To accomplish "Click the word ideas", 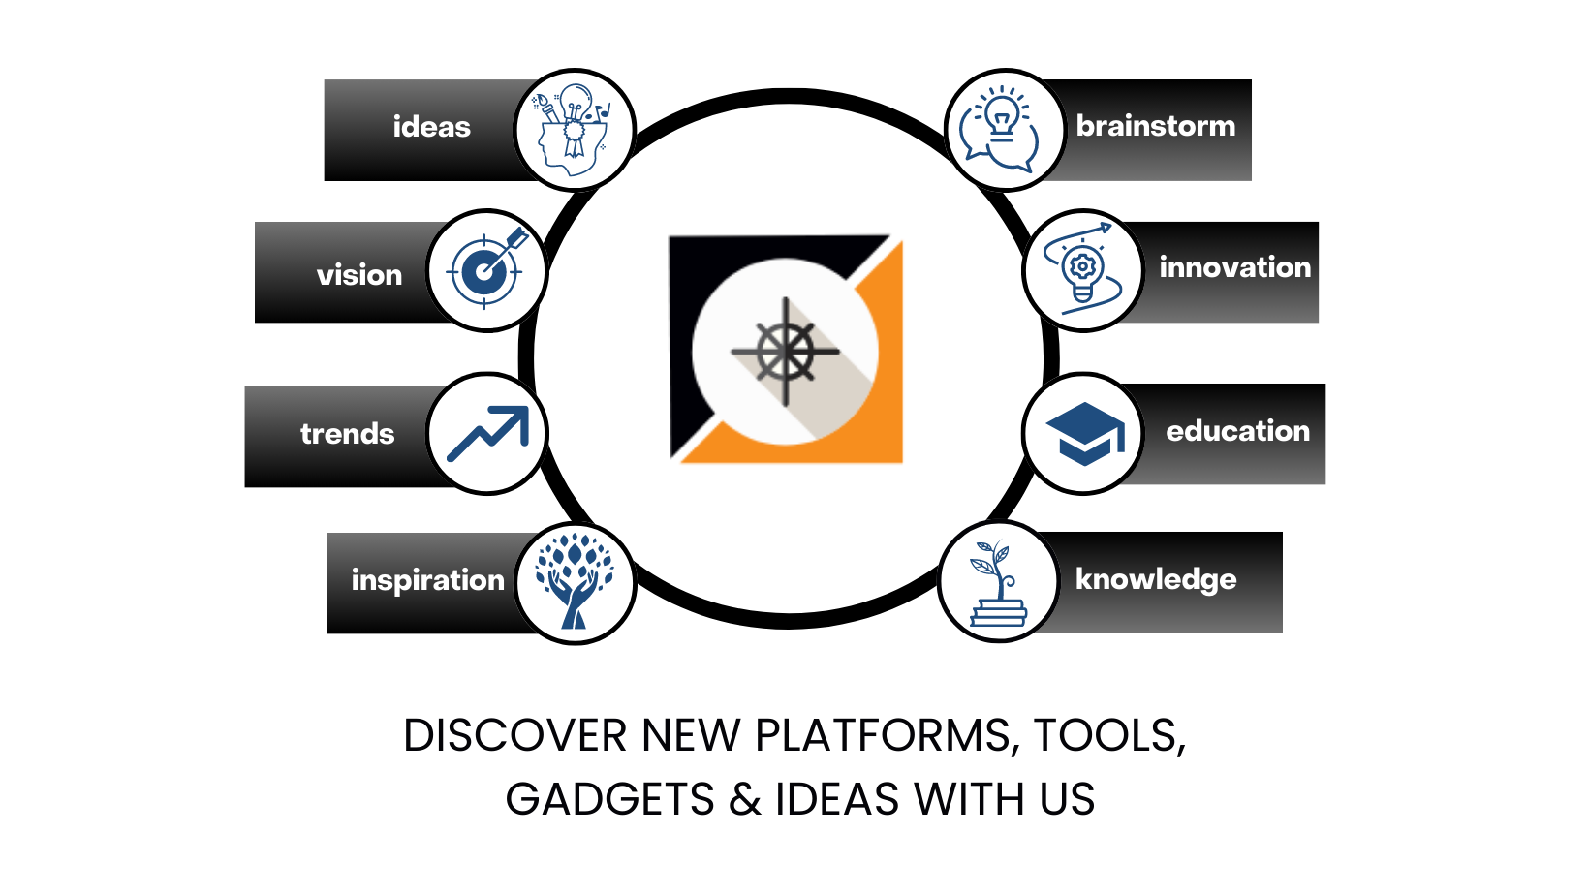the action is (x=431, y=127).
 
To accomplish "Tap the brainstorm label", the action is (x=1156, y=126).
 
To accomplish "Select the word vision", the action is (x=358, y=275).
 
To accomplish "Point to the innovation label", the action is (x=1235, y=267).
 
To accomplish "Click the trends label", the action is (x=347, y=433).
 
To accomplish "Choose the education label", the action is (x=1238, y=430).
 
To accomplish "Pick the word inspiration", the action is (x=427, y=580).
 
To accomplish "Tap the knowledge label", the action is (x=1156, y=578).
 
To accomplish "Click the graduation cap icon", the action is (x=1085, y=433).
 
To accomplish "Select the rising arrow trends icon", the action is (x=487, y=433).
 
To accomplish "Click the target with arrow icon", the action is (x=487, y=268).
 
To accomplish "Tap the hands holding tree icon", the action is (x=575, y=581).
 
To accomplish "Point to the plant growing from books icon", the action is (x=997, y=583).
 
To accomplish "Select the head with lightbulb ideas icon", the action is (x=573, y=130).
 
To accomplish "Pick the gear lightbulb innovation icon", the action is (x=1083, y=268).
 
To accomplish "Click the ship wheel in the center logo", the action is (x=785, y=351).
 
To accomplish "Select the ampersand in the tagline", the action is (x=745, y=799).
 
